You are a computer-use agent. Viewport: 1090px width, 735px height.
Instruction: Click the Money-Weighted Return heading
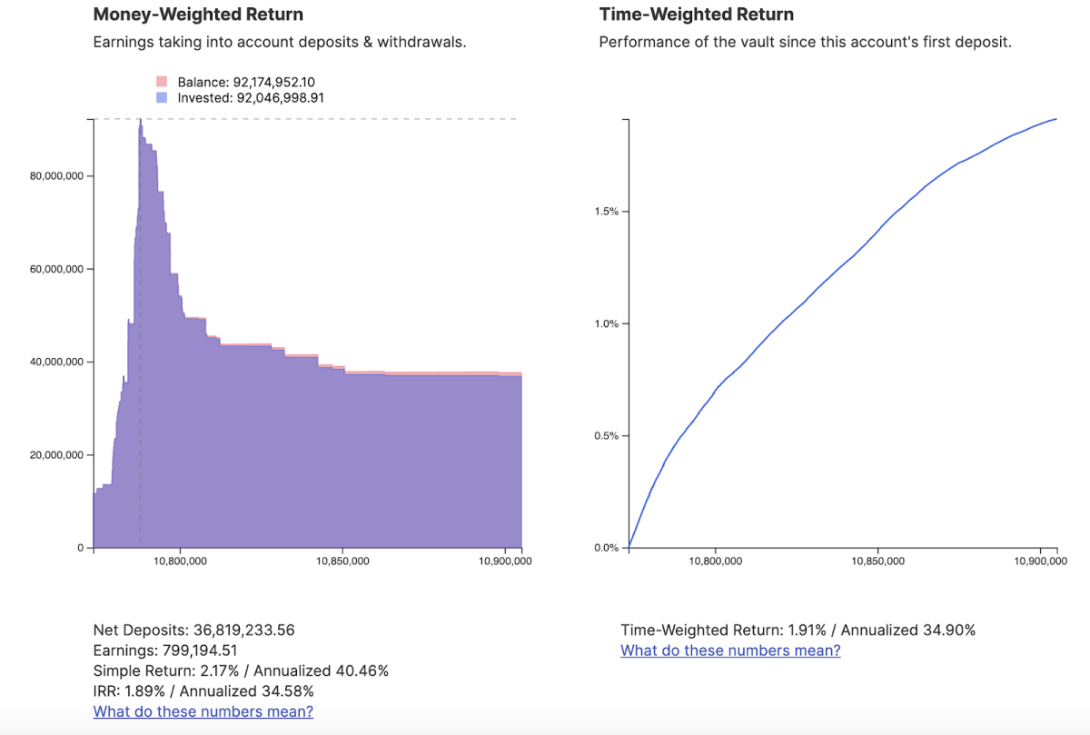pos(198,15)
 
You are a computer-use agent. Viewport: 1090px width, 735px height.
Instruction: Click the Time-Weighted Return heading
pos(696,15)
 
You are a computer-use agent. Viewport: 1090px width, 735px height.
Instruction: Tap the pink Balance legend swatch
pos(162,82)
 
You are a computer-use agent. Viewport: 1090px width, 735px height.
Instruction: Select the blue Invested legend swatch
pos(162,97)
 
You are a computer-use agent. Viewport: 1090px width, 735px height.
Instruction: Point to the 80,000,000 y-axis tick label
pos(56,176)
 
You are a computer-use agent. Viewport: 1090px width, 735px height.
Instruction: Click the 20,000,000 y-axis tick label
pos(56,455)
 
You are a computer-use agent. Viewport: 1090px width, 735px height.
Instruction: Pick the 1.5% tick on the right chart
pos(606,212)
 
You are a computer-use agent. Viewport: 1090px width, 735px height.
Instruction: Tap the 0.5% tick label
pos(606,436)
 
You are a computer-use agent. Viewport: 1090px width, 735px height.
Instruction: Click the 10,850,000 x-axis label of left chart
pos(342,561)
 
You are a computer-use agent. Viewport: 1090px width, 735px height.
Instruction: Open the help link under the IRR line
pos(203,711)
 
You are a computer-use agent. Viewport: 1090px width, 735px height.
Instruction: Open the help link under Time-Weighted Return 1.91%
pos(730,651)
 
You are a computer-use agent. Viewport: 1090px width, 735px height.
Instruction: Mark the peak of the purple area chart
pos(140,122)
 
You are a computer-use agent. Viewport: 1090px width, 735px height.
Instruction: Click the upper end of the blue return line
pos(1055,119)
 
